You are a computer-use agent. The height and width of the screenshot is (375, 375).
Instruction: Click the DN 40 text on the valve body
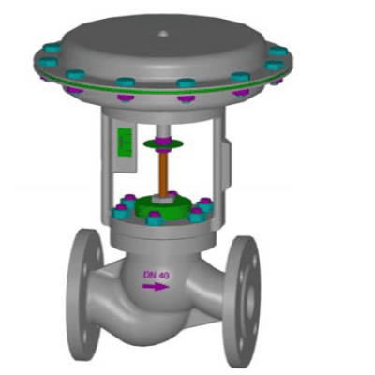157,276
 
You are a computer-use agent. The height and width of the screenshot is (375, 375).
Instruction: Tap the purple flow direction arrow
156,286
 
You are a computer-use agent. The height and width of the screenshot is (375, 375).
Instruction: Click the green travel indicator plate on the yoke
125,142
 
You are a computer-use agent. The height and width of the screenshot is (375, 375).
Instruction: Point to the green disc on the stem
163,144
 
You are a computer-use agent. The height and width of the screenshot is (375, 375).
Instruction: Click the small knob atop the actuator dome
164,34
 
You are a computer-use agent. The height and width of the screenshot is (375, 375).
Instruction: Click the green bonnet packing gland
163,207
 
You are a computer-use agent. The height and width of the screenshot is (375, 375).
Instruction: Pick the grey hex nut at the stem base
162,198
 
